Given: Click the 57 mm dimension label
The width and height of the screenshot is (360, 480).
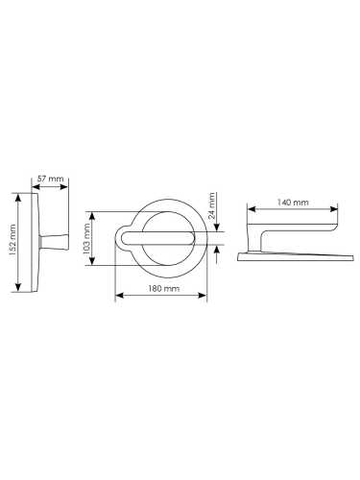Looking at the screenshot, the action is click(x=50, y=179).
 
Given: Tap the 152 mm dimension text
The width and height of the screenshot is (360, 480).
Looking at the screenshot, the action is click(x=12, y=239).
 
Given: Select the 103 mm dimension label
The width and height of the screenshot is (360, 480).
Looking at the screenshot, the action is click(x=86, y=239).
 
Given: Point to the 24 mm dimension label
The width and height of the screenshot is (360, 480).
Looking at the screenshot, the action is click(x=211, y=205).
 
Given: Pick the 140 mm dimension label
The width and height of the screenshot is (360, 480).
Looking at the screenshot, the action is click(x=293, y=203).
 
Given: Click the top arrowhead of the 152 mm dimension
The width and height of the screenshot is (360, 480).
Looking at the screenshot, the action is click(x=18, y=197).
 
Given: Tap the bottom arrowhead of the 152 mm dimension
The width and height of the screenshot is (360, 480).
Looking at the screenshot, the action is click(x=18, y=287).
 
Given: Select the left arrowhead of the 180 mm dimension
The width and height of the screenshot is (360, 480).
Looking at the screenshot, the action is click(x=119, y=295).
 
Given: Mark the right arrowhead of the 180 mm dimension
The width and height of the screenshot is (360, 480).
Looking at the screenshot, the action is click(x=203, y=295).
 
